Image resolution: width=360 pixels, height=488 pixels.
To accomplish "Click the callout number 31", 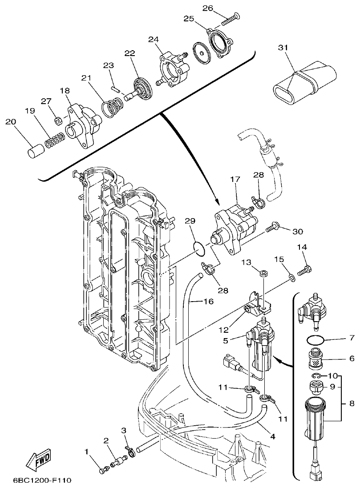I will [x=281, y=48].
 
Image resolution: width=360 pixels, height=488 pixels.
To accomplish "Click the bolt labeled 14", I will [x=305, y=270].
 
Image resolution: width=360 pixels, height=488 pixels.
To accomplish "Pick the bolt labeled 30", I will [x=271, y=230].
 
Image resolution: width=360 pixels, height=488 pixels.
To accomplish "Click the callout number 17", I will [x=235, y=180].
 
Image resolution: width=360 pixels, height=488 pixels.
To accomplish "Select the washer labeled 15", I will [x=291, y=278].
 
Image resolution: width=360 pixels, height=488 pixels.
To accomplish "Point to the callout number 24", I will [x=154, y=39].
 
